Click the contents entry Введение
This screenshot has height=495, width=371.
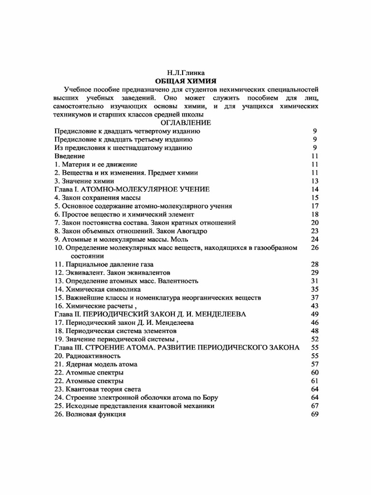[70, 156]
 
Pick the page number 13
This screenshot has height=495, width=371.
[314, 181]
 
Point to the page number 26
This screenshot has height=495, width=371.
[314, 247]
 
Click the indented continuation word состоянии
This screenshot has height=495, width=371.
[87, 255]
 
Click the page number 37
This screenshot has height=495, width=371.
[314, 297]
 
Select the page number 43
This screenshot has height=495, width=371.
[314, 306]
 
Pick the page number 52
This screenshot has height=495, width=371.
[314, 339]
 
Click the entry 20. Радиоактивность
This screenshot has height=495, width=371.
[87, 355]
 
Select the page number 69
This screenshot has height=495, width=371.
[314, 414]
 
